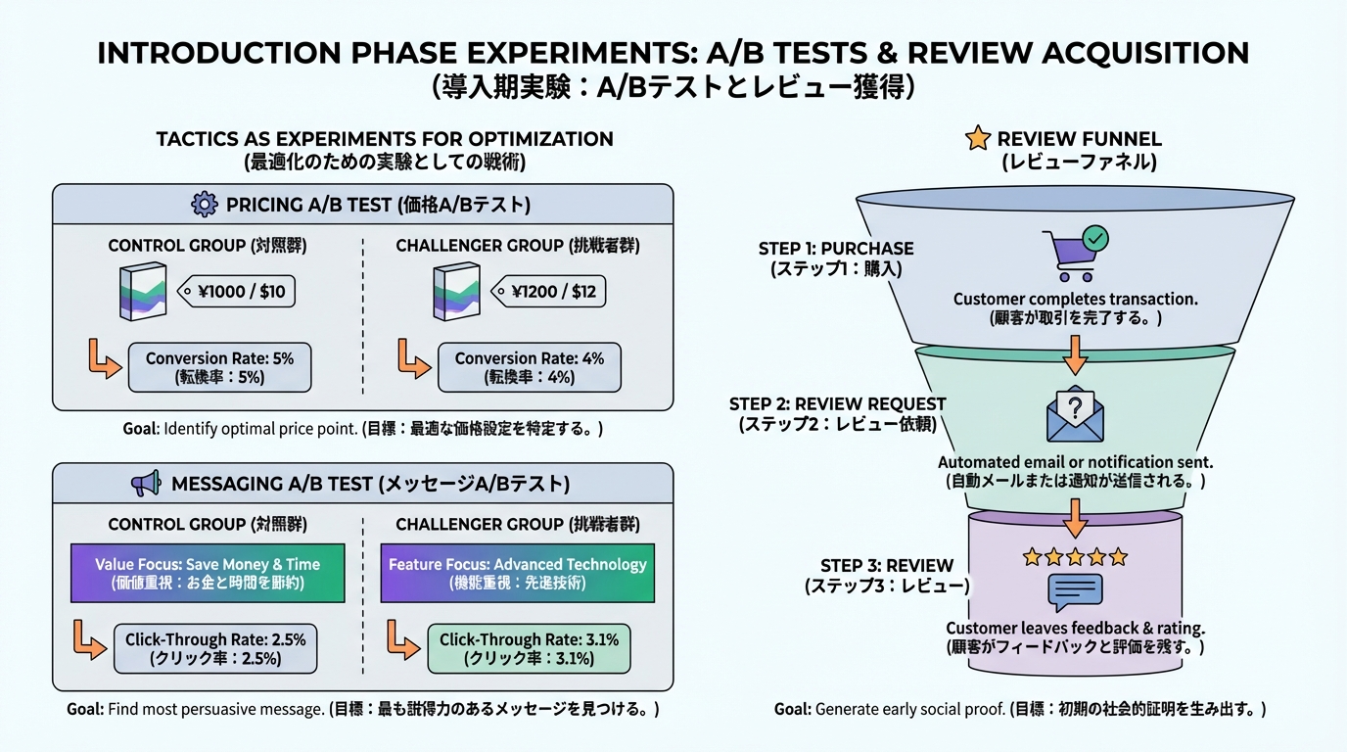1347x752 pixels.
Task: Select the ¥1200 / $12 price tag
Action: [547, 291]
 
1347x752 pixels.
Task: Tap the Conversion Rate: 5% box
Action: [219, 368]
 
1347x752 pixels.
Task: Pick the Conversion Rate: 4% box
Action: [529, 368]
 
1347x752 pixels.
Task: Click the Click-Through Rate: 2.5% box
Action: [215, 648]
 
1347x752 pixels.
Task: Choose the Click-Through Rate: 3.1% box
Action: [529, 648]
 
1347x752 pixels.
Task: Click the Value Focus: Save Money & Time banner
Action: [208, 573]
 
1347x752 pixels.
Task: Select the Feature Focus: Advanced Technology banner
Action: [517, 573]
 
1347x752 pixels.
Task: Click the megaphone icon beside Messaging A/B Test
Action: [145, 484]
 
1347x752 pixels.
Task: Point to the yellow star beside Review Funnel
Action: [977, 139]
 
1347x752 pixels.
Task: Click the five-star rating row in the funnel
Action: [1075, 557]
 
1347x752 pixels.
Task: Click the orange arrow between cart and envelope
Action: [1075, 353]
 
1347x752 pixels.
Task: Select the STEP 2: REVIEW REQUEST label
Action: [837, 403]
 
